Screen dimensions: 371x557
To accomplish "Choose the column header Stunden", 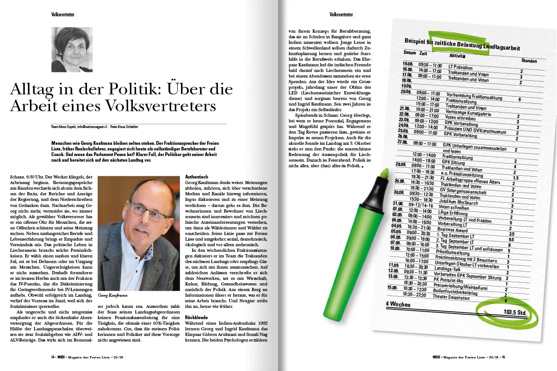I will click(529, 61).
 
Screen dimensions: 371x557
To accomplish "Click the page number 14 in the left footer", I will click(53, 357).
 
